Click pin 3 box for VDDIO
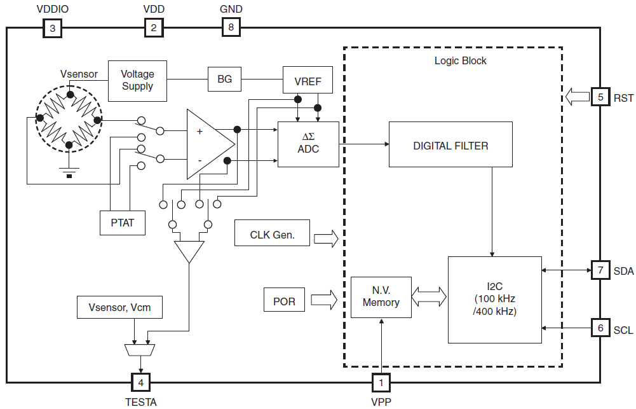52,28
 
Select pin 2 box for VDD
153,28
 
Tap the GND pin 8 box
231,28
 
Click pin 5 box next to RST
600,97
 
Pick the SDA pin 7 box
600,270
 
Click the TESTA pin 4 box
140,382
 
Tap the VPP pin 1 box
381,382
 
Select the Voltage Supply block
137,81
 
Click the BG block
224,80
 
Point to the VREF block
308,82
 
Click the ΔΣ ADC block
308,144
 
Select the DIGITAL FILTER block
450,145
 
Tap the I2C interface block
495,300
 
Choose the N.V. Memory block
381,297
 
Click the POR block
284,301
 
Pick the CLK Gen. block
272,234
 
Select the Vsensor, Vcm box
119,308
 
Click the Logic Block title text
460,61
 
